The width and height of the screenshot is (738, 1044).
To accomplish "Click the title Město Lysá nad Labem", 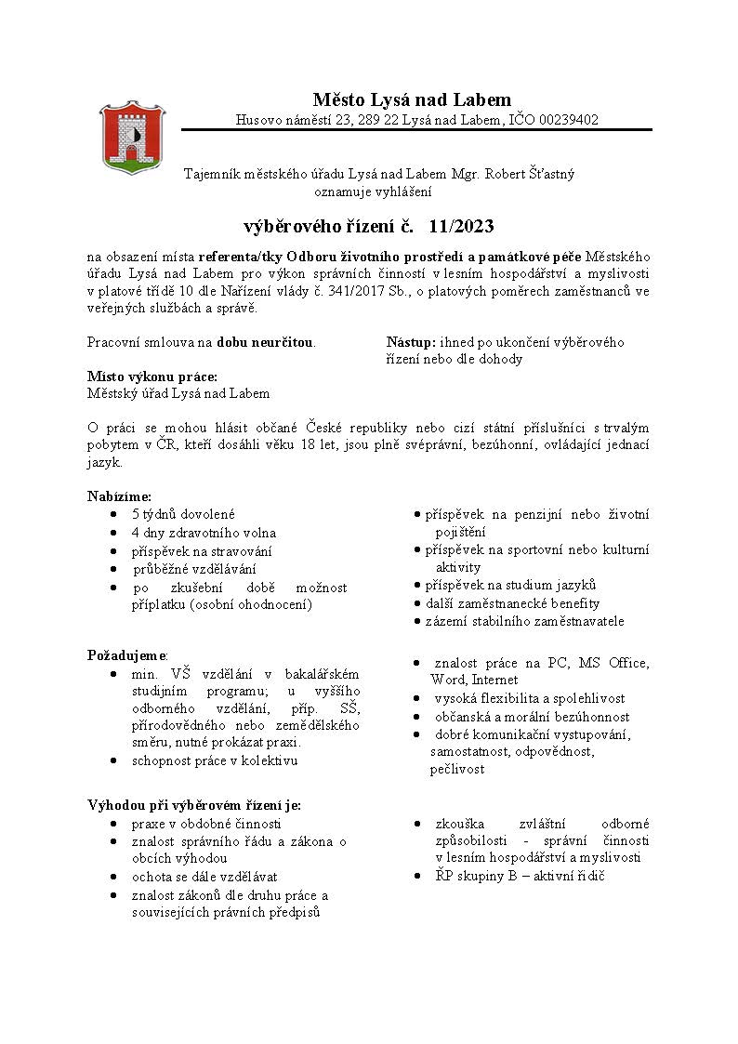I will pyautogui.click(x=412, y=99).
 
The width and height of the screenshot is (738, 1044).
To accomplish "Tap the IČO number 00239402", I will pyautogui.click(x=566, y=120).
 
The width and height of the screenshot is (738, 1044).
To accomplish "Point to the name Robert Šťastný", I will pyautogui.click(x=528, y=174).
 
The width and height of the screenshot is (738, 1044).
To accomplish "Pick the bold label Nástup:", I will pyautogui.click(x=411, y=342).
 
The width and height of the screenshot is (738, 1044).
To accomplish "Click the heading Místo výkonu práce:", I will pyautogui.click(x=152, y=377).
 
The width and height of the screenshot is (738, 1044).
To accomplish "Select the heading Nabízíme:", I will pyautogui.click(x=119, y=496).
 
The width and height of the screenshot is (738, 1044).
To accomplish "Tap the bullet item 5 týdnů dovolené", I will pyautogui.click(x=183, y=514).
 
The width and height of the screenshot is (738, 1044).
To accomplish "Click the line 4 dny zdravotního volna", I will pyautogui.click(x=204, y=533).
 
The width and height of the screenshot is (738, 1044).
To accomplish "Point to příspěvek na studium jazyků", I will pyautogui.click(x=509, y=586).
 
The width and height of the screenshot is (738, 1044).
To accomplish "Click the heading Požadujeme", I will pyautogui.click(x=125, y=655).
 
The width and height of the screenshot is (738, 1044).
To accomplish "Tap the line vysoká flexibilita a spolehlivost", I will pyautogui.click(x=530, y=698).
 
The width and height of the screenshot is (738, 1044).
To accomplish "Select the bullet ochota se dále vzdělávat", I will pyautogui.click(x=204, y=877).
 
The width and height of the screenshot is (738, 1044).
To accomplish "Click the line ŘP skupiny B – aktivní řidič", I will pyautogui.click(x=520, y=876).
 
